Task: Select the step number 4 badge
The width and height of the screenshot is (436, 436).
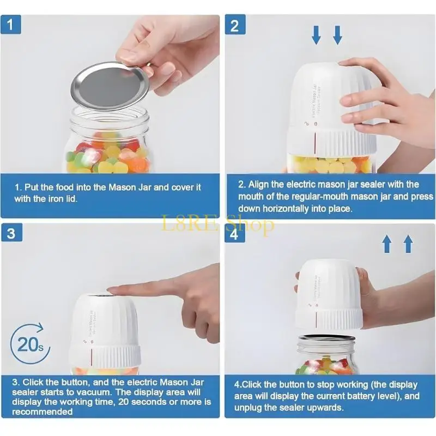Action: click(235, 235)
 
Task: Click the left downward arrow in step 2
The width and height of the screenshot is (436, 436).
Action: click(317, 34)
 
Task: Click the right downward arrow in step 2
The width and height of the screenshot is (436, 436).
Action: click(337, 34)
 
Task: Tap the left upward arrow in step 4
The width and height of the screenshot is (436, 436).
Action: click(387, 244)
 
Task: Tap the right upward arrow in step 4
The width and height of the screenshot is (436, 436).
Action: click(408, 244)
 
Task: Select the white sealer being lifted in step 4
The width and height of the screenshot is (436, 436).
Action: click(330, 294)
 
